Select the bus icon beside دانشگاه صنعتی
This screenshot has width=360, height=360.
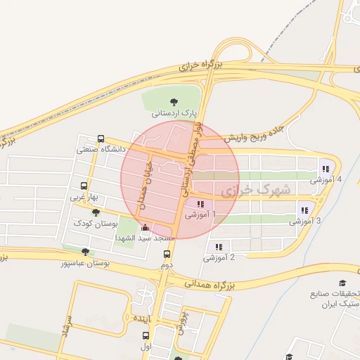click(x=101, y=139)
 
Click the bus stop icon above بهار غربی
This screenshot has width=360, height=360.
click(x=84, y=187)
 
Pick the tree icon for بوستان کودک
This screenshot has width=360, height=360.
click(x=96, y=212)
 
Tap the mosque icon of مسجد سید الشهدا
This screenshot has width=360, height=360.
click(x=146, y=227)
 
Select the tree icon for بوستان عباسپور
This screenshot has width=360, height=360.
click(x=85, y=252)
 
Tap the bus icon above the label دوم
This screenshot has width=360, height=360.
click(x=167, y=255)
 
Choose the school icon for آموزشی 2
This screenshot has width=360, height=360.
click(x=219, y=247)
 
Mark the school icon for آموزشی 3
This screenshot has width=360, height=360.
click(x=304, y=210)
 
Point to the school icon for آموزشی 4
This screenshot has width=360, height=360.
click(x=325, y=168)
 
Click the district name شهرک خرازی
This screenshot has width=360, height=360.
click(x=255, y=190)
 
